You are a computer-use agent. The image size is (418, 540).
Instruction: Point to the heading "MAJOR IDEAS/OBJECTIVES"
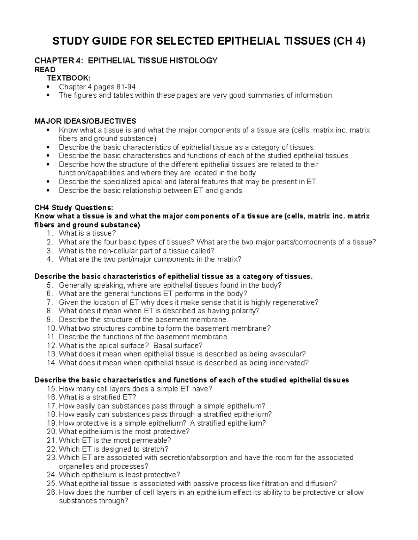tap(85, 121)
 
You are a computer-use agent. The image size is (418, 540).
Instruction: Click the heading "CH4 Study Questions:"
tap(74, 208)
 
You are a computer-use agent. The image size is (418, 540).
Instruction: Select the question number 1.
tap(50, 233)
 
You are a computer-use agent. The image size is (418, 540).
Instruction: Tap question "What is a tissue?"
tap(87, 233)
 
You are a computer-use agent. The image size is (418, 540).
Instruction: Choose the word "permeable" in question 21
tap(151, 441)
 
